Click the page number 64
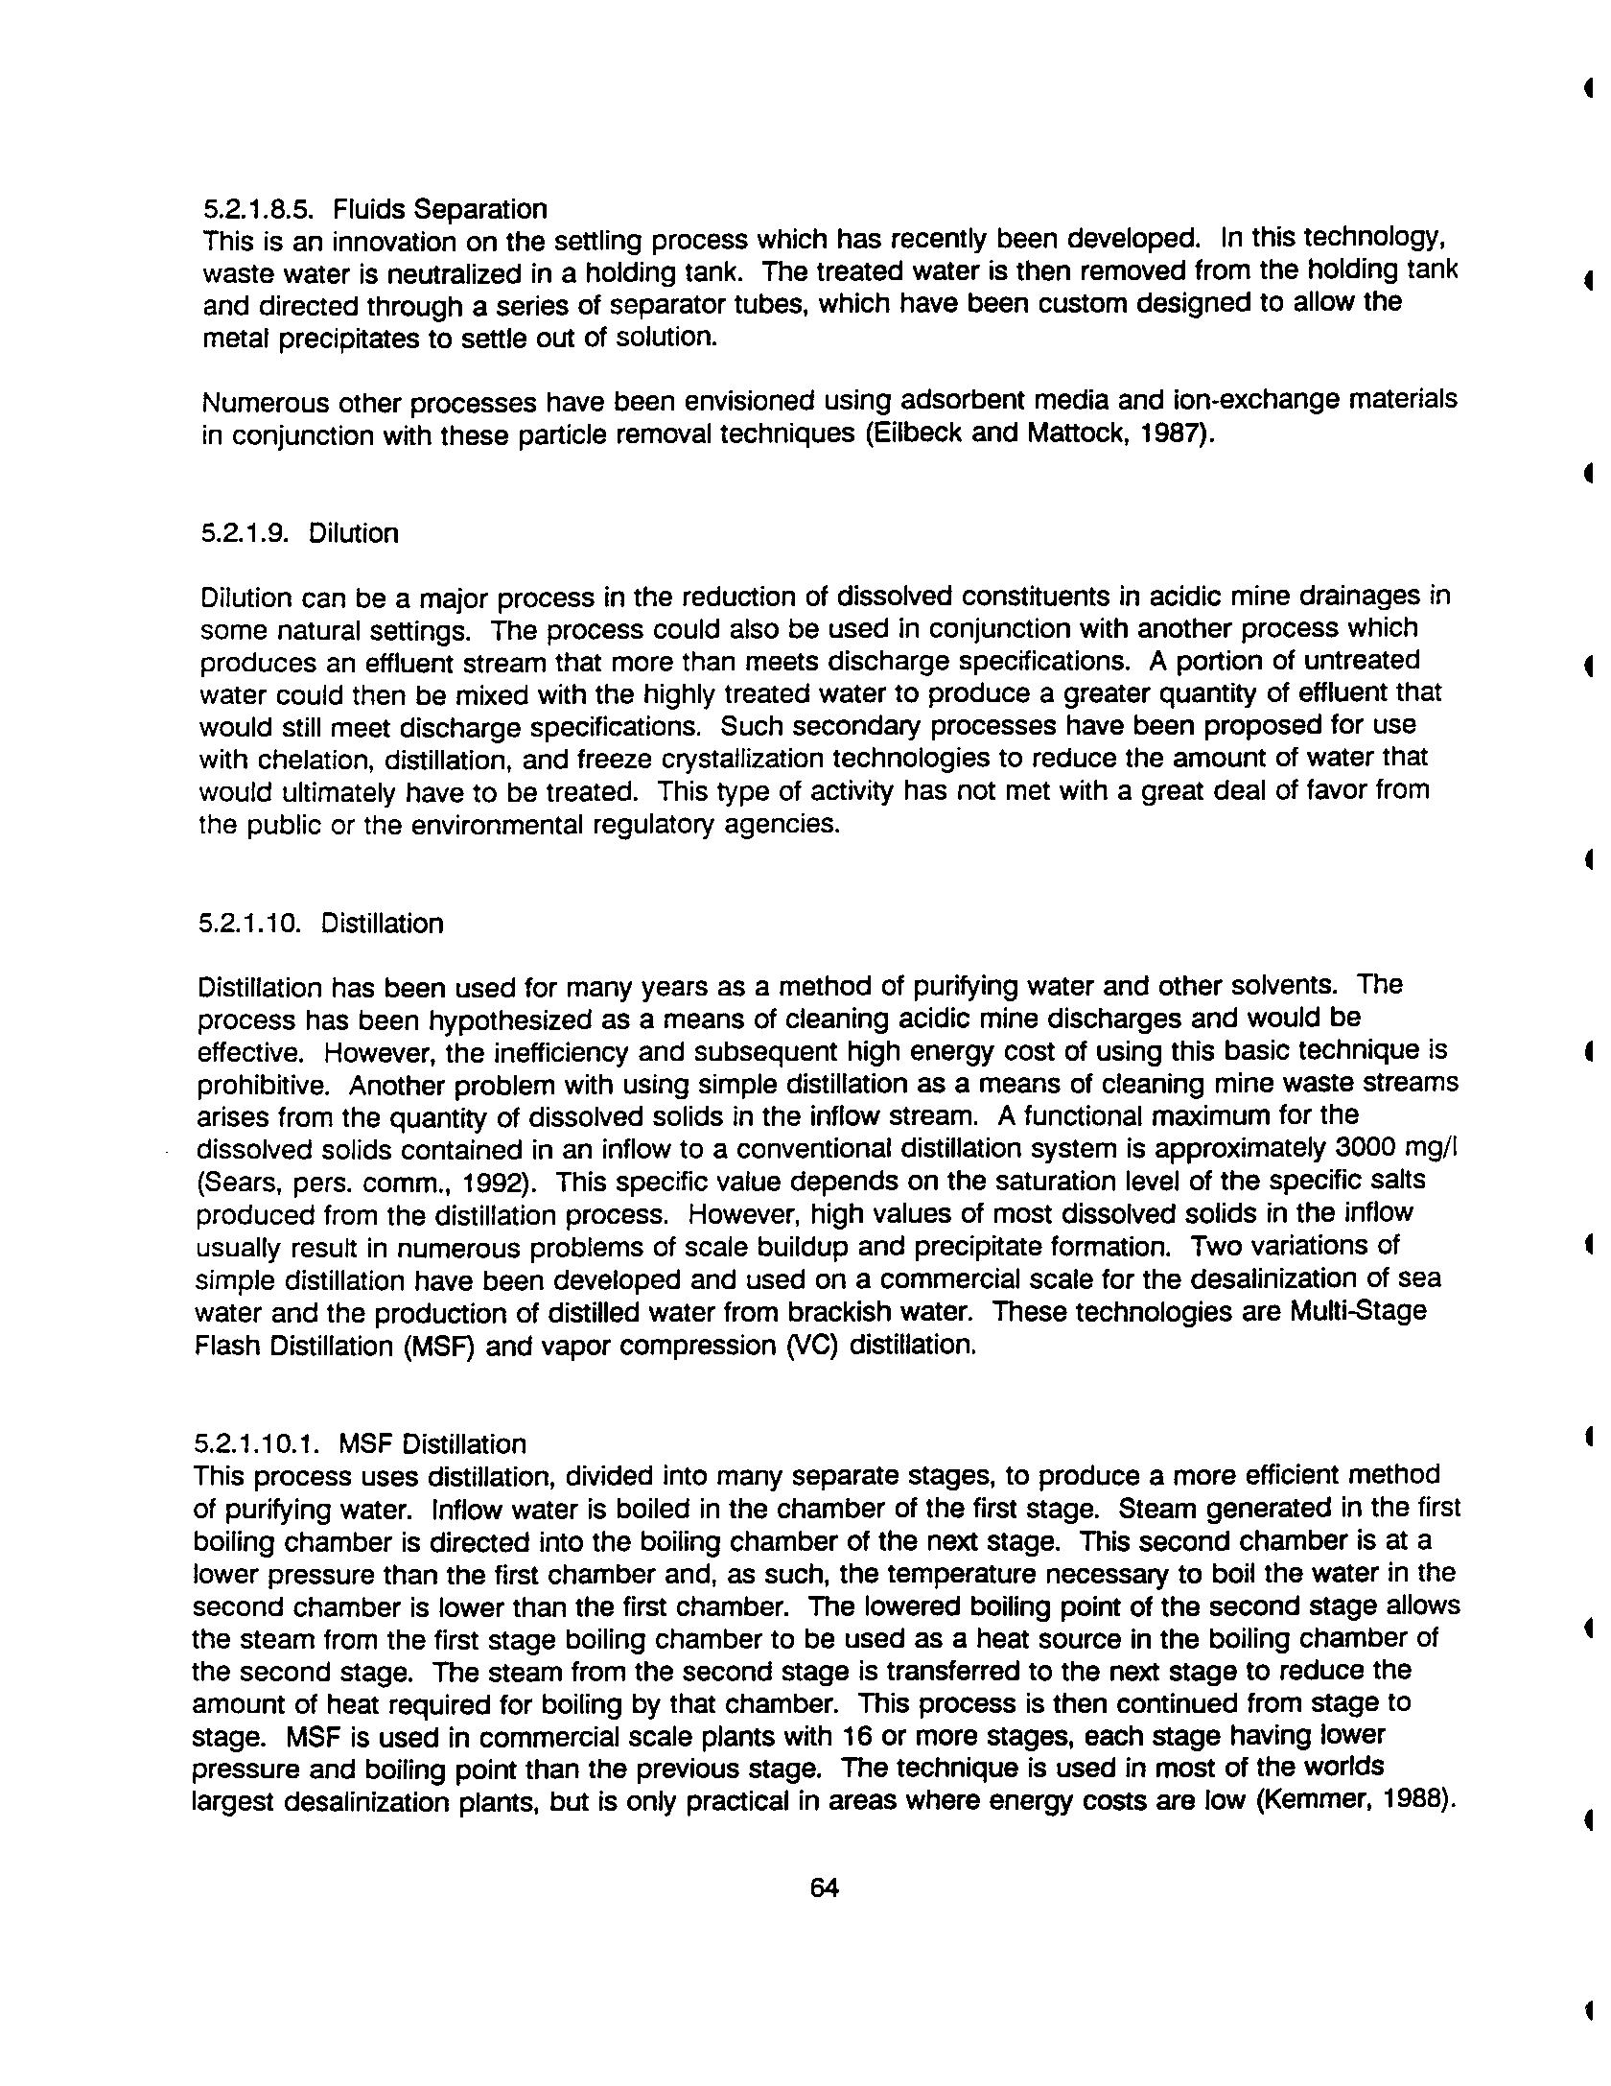[824, 1887]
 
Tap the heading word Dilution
[353, 533]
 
